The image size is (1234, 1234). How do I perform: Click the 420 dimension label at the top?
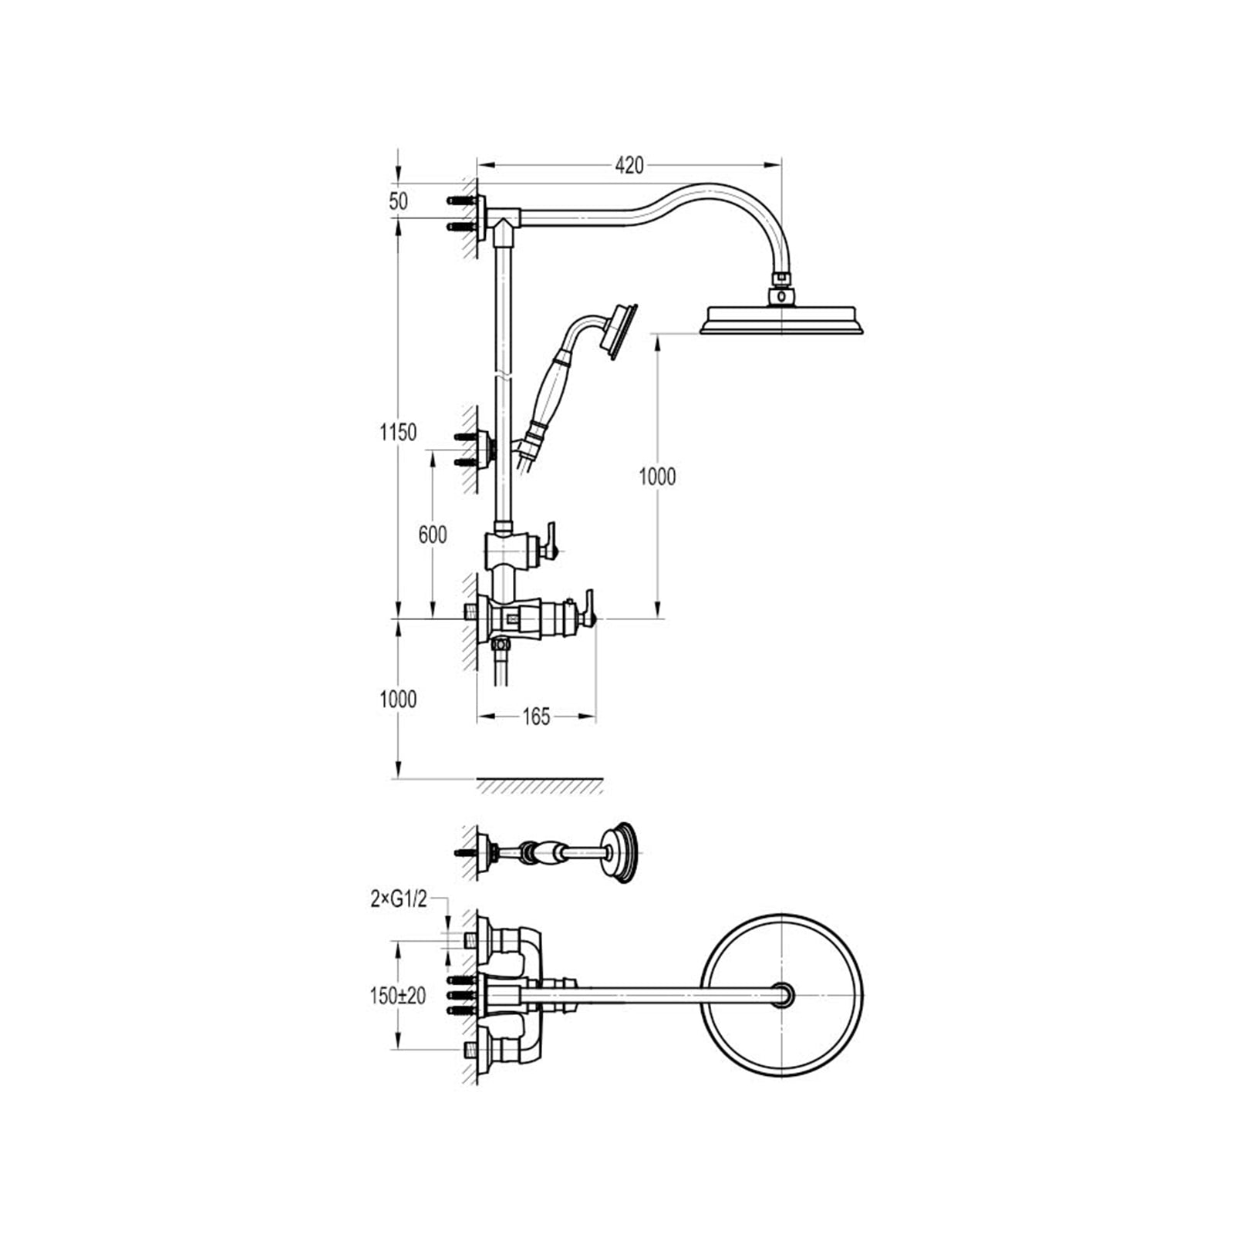(x=629, y=165)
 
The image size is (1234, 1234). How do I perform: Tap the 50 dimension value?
(x=398, y=201)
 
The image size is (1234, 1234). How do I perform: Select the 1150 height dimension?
(x=398, y=432)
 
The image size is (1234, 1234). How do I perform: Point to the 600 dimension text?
(x=432, y=534)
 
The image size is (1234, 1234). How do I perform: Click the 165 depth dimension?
(x=536, y=716)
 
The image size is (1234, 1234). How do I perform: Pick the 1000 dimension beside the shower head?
(x=657, y=477)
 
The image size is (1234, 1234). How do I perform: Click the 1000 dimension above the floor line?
(x=398, y=699)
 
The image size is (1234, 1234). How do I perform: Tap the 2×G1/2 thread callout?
(x=398, y=899)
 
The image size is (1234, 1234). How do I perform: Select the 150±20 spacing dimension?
(x=398, y=996)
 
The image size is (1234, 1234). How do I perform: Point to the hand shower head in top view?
(x=622, y=852)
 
